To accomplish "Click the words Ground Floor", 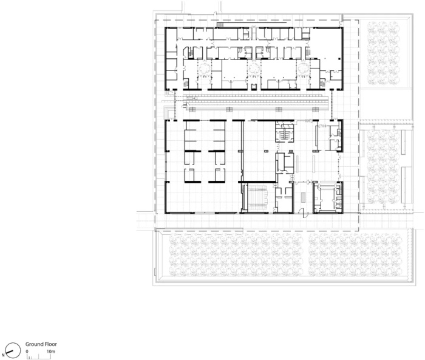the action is (x=41, y=344).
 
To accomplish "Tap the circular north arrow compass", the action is (x=13, y=350).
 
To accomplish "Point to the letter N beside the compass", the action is (x=2, y=355).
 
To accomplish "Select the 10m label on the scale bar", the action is (x=50, y=352).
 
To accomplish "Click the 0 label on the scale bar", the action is (x=27, y=352).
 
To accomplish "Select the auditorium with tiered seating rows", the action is (x=258, y=197).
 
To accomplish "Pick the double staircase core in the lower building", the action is (x=284, y=132).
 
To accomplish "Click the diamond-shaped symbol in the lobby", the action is (x=308, y=182).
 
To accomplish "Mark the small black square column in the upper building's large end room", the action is (x=339, y=58).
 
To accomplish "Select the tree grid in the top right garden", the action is (x=384, y=53).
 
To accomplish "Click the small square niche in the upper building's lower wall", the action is (x=254, y=87).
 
